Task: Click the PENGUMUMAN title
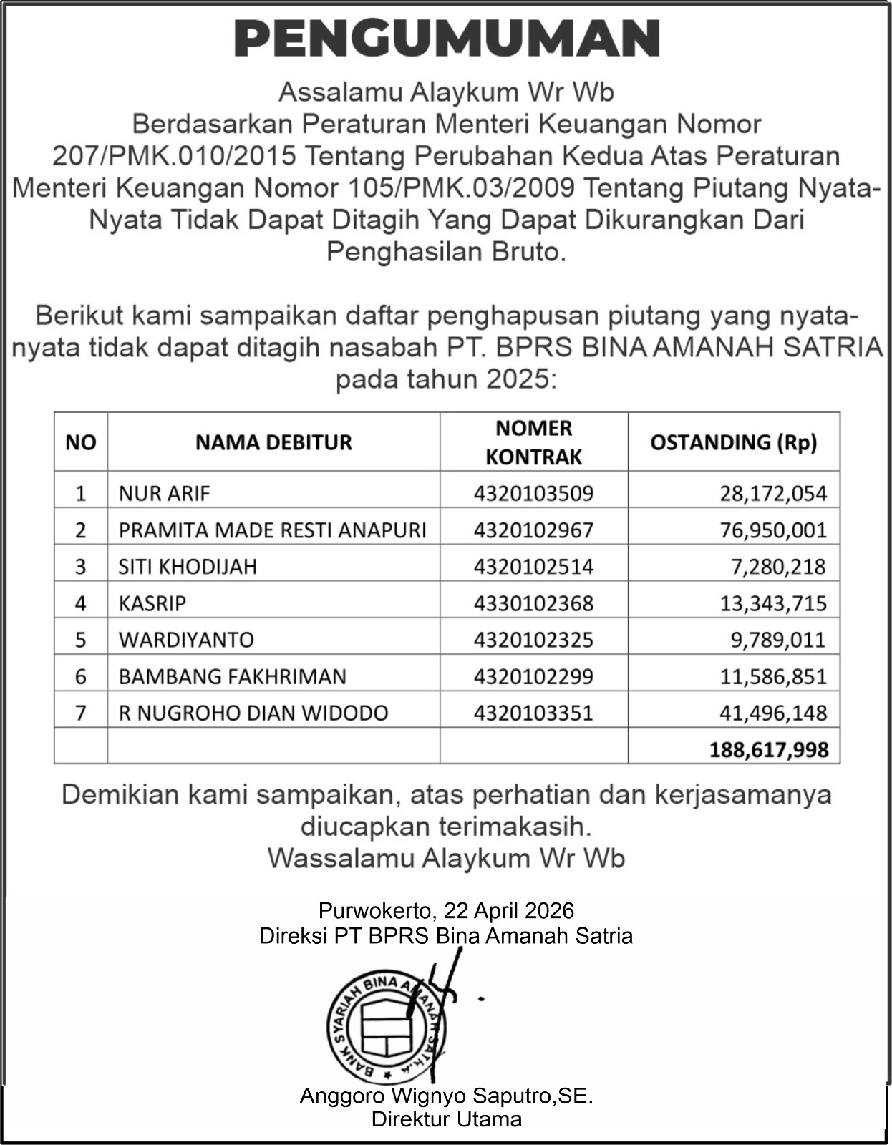[x=447, y=39]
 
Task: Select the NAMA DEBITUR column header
[x=273, y=442]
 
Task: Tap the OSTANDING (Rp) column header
[x=733, y=442]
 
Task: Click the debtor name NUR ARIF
[x=165, y=493]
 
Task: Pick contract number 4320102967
[x=533, y=530]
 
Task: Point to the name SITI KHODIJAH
[x=188, y=567]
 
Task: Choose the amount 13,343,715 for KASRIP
[x=773, y=603]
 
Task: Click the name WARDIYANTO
[x=186, y=640]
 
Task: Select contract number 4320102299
[x=533, y=676]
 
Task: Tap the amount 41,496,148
[x=773, y=713]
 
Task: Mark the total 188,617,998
[x=769, y=749]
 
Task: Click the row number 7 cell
[x=80, y=713]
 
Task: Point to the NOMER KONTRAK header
[x=533, y=442]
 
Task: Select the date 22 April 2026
[x=509, y=910]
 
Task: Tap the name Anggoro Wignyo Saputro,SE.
[x=446, y=1096]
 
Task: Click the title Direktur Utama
[x=446, y=1119]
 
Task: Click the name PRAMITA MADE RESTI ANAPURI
[x=272, y=530]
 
